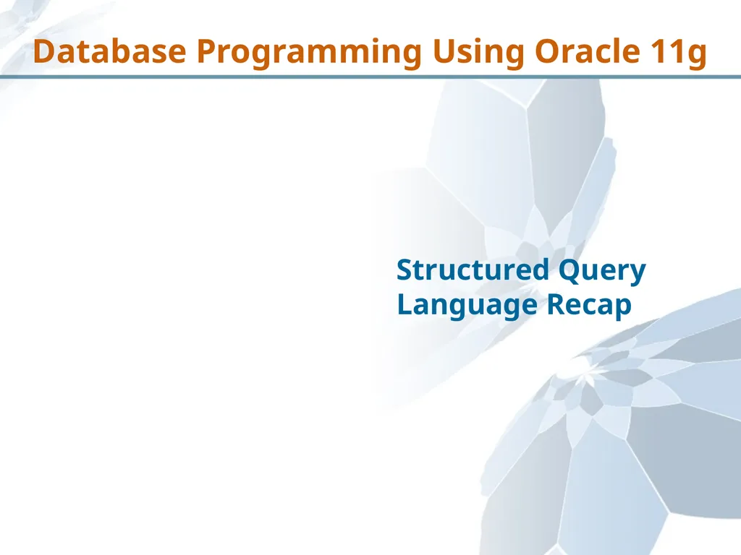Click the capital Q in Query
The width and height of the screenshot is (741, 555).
tap(569, 271)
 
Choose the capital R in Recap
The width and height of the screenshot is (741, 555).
tap(555, 304)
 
